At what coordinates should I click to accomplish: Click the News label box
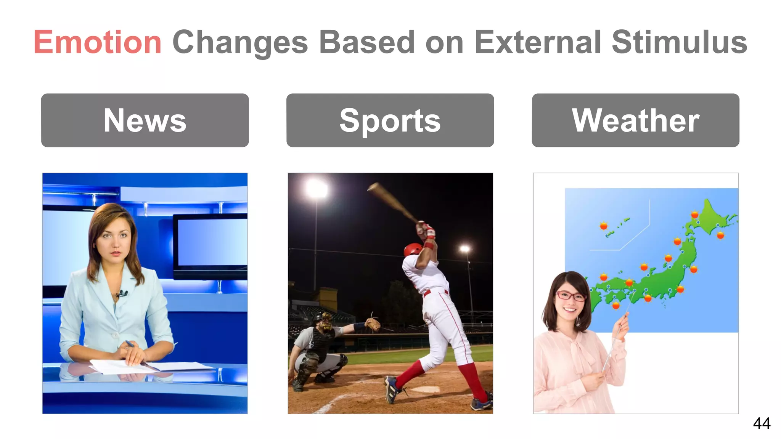pos(145,120)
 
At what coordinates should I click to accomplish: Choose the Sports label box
pos(390,120)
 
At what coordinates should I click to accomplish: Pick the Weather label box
pos(635,120)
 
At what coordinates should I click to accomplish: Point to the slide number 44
pos(762,423)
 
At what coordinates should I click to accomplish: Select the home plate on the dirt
pos(425,389)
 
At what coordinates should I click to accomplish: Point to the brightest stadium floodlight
pos(317,189)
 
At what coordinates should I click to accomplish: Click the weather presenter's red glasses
pos(570,295)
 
